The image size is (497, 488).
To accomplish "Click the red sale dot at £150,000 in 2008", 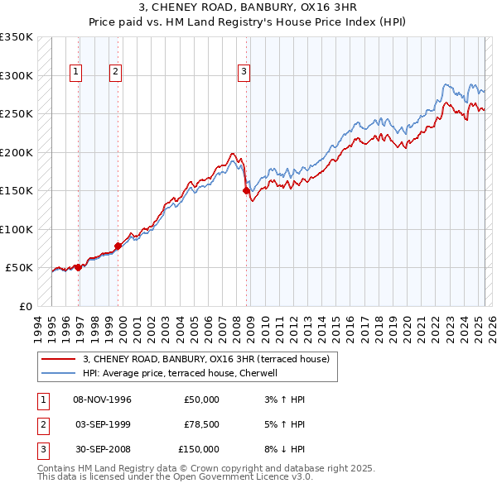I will (246, 191).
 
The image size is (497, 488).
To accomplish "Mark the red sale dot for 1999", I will (118, 246).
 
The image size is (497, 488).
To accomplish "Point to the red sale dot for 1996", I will (78, 267).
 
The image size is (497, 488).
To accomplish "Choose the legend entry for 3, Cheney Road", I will (206, 359).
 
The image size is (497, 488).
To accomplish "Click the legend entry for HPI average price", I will (182, 373).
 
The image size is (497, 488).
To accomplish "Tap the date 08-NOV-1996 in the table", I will (103, 399).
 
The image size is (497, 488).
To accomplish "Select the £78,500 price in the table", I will (201, 424).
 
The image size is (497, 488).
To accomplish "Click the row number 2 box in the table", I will (41, 424).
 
